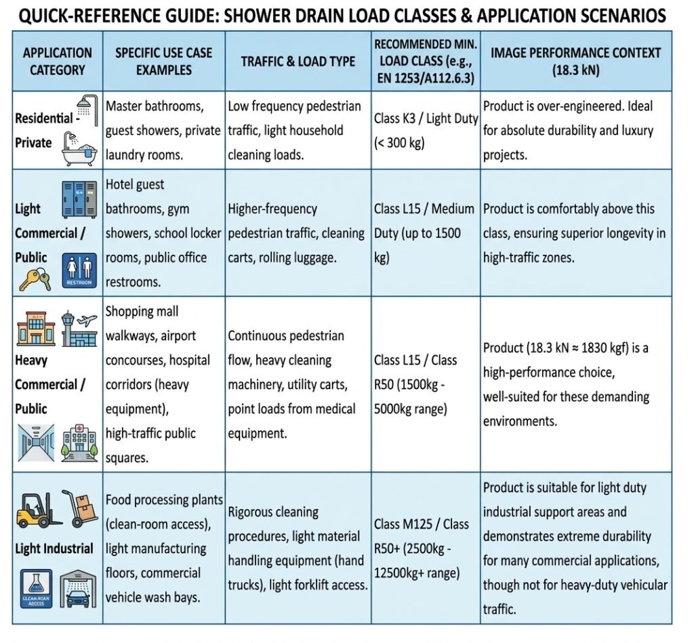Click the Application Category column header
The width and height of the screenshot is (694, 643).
point(58,61)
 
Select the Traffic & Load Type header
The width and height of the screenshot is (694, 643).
point(298,62)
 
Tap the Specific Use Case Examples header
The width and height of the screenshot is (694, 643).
point(163,61)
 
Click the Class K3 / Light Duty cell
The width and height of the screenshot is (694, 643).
point(426,130)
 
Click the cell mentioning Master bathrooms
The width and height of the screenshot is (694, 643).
point(163,130)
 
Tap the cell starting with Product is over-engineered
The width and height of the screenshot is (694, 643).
point(576,130)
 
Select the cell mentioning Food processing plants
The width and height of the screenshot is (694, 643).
point(163,548)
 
